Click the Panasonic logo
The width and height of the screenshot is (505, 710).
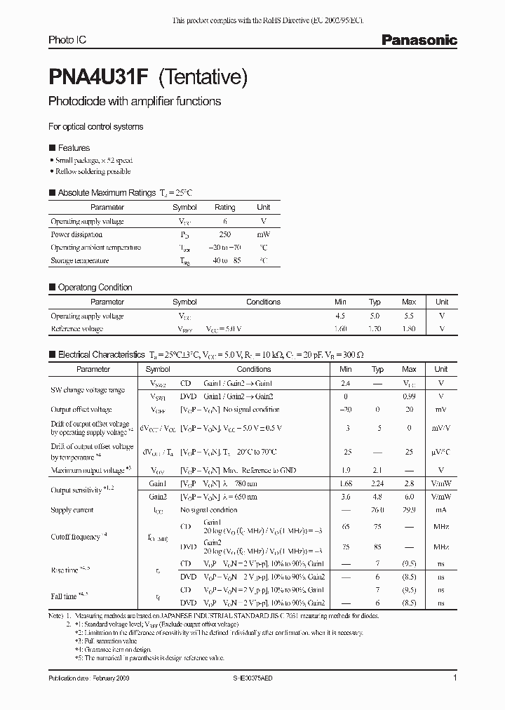point(419,41)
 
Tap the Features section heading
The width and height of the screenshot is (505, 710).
point(74,148)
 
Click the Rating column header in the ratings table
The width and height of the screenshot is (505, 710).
point(224,208)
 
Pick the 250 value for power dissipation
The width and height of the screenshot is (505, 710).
point(224,234)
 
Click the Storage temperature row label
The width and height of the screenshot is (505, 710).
point(79,260)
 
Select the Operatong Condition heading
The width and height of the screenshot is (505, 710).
point(95,287)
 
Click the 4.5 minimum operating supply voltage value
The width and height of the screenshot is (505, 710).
point(341,316)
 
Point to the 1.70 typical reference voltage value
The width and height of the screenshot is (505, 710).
point(375,328)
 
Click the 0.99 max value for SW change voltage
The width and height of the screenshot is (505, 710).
point(409,396)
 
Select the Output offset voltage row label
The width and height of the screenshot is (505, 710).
point(81,410)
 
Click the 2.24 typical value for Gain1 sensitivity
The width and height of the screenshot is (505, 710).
point(377,483)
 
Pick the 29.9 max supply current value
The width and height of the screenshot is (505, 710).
point(409,510)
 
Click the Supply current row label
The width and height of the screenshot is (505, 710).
point(72,510)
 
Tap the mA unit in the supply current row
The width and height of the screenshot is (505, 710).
point(441,510)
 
